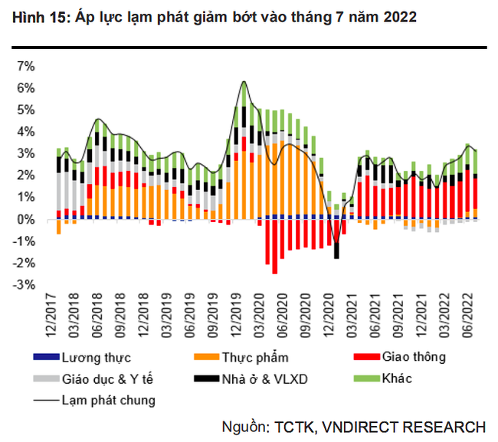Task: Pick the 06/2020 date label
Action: pyautogui.click(x=282, y=316)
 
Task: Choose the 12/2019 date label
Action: pyautogui.click(x=238, y=316)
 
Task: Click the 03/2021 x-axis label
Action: pyautogui.click(x=349, y=316)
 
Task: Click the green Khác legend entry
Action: pyautogui.click(x=398, y=378)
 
